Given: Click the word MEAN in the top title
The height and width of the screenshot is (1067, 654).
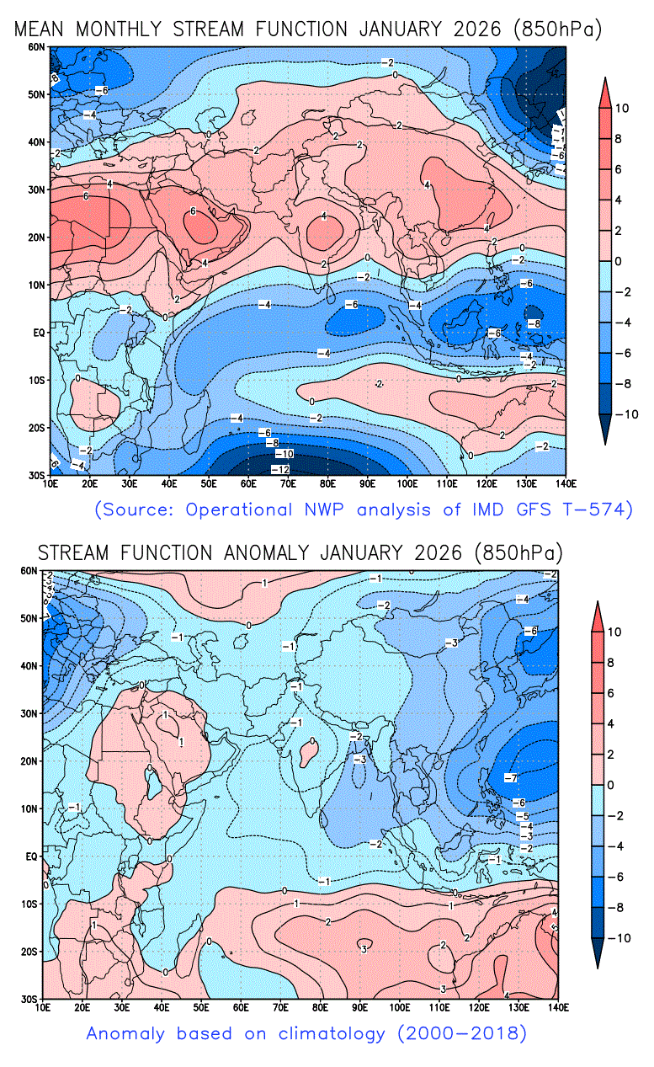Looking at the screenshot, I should (x=41, y=29).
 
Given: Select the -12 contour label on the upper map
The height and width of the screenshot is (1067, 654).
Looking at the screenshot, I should (x=281, y=468).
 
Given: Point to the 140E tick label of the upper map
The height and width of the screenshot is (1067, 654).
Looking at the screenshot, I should (x=566, y=483).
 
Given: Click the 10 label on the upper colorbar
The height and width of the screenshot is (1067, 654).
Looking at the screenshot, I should (x=620, y=108).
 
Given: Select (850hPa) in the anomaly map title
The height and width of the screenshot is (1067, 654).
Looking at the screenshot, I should (x=518, y=552).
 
